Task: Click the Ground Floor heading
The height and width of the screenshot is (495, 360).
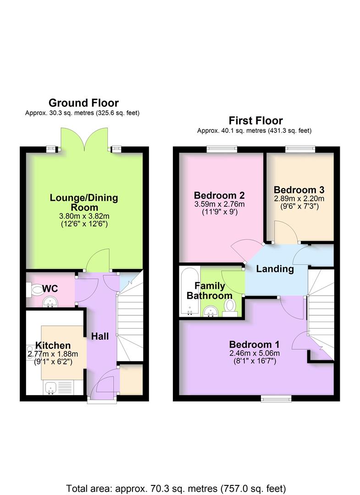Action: coord(83,103)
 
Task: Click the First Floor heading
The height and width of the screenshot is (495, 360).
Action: coord(255,121)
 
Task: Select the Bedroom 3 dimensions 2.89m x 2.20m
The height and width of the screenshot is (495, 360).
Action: coord(299,198)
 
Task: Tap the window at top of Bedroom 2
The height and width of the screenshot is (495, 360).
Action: coord(222,148)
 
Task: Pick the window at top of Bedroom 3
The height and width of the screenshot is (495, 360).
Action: coord(300,148)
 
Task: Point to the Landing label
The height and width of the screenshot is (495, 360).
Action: coord(275,269)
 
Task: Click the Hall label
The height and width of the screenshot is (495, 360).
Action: coord(100,336)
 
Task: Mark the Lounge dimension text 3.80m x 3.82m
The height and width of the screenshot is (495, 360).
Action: coord(84,216)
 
